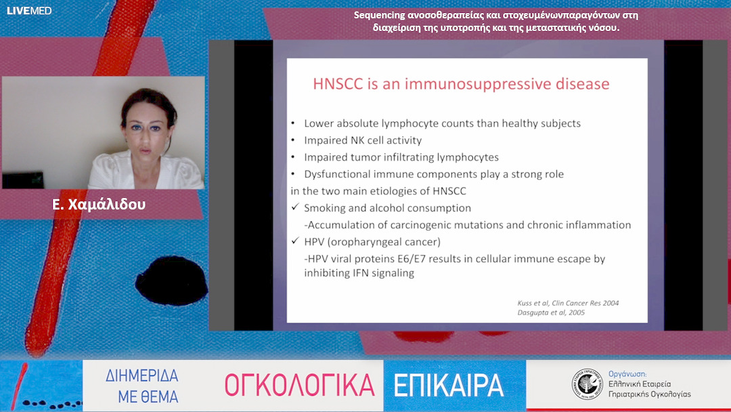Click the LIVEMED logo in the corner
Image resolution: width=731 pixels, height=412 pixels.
(x=29, y=10)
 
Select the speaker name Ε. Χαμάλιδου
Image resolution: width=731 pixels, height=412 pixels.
(x=99, y=205)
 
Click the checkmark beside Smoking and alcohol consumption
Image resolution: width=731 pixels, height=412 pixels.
(x=295, y=207)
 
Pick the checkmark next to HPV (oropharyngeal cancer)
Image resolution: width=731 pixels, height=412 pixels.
(x=295, y=241)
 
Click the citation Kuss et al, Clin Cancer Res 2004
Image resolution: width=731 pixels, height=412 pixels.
(x=568, y=303)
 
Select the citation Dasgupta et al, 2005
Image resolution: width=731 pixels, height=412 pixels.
(x=550, y=312)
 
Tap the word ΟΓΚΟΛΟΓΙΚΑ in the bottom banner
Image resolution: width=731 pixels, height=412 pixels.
(x=299, y=386)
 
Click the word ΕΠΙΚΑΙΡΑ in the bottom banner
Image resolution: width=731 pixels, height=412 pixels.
(x=449, y=386)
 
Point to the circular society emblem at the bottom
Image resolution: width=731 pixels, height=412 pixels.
(x=588, y=384)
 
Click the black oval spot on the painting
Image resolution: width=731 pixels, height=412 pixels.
(x=171, y=281)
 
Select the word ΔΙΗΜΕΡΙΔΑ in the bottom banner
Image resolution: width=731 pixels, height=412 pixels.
(x=141, y=375)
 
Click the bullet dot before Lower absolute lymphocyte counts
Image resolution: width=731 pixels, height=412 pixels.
(x=293, y=123)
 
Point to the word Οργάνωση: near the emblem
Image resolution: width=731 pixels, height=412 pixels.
(x=627, y=374)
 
